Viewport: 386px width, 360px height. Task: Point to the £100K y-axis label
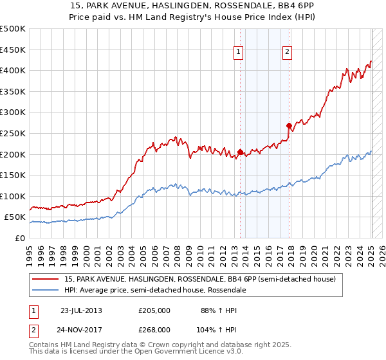[13, 196]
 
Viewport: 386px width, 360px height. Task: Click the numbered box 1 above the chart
[238, 53]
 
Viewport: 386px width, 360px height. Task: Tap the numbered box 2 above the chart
[287, 53]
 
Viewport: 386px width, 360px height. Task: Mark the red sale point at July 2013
[240, 152]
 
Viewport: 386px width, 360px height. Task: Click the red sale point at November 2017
[289, 126]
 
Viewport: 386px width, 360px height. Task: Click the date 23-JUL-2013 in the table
[81, 310]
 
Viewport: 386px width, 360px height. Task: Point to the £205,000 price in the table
[154, 310]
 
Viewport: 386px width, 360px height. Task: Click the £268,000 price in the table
[154, 329]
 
